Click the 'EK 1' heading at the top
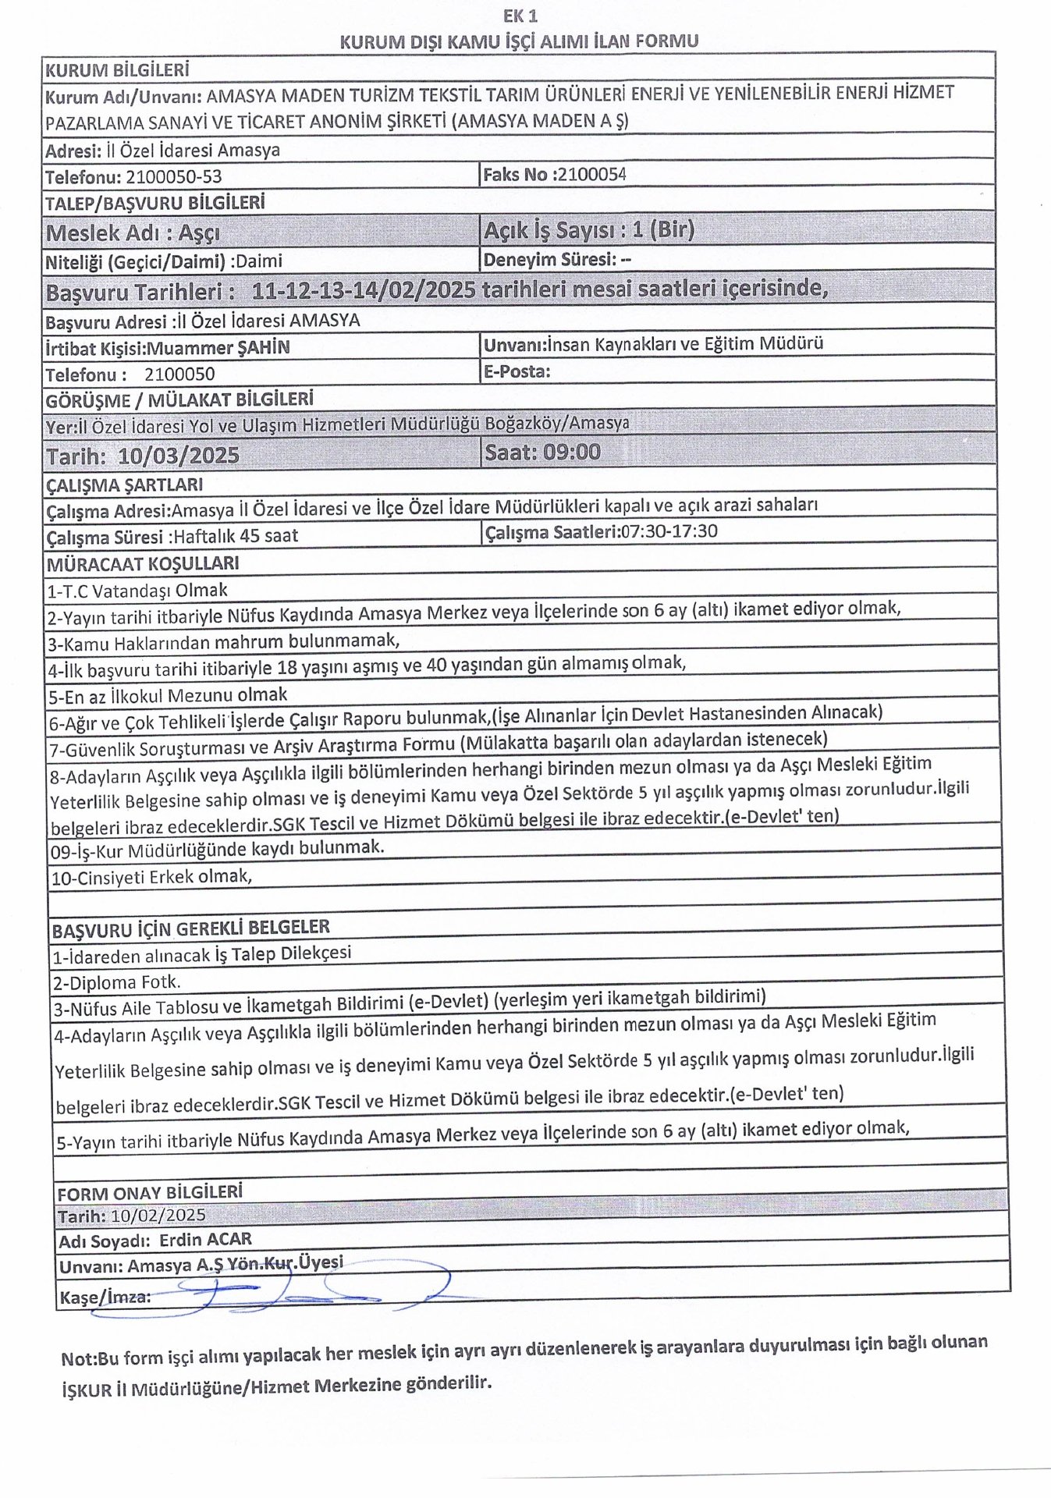(x=520, y=16)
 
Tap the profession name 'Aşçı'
(x=198, y=233)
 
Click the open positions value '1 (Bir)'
(x=662, y=230)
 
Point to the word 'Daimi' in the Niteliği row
(x=258, y=261)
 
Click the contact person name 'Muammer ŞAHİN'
(x=218, y=348)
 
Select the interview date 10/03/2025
(x=179, y=456)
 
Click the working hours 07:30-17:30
(x=669, y=532)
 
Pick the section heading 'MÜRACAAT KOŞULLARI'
(x=143, y=563)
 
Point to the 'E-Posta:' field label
(x=517, y=371)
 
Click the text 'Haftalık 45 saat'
(x=236, y=536)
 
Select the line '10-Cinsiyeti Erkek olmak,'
(x=151, y=877)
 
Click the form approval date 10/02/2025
(x=158, y=1216)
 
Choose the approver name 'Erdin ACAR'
(x=206, y=1240)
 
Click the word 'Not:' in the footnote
(x=80, y=1358)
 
